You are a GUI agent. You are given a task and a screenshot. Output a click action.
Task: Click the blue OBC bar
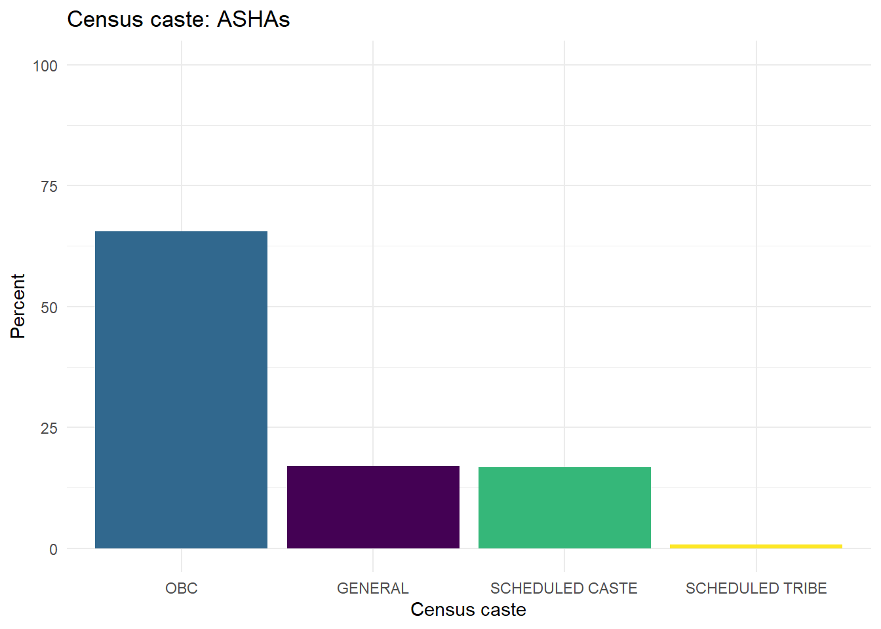(181, 390)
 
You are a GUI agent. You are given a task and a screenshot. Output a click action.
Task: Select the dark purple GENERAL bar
(373, 507)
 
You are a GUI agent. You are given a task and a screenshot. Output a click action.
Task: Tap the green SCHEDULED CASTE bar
(564, 508)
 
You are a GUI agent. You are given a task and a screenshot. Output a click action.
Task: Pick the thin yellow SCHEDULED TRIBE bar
(756, 546)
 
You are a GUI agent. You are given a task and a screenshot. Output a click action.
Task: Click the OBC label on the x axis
(182, 588)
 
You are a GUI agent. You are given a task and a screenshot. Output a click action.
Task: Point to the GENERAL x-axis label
(373, 588)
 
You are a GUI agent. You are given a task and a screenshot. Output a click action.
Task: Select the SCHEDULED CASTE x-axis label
(564, 588)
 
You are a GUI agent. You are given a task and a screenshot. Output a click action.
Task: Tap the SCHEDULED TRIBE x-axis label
(756, 588)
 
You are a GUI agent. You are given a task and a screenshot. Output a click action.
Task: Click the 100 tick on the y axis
(45, 66)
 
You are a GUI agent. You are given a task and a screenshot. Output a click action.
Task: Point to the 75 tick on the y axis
(49, 187)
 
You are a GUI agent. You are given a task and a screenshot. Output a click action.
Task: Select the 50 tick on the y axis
(49, 307)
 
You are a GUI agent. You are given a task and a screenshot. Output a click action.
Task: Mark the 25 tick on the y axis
(49, 429)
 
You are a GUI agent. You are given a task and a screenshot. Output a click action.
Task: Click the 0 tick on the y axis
(53, 549)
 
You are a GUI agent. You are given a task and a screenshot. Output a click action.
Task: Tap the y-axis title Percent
(18, 306)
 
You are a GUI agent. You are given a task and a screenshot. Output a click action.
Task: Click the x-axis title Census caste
(468, 610)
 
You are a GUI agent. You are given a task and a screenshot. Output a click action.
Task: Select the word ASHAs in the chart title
(254, 20)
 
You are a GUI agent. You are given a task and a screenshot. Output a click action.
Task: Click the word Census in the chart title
(105, 20)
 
